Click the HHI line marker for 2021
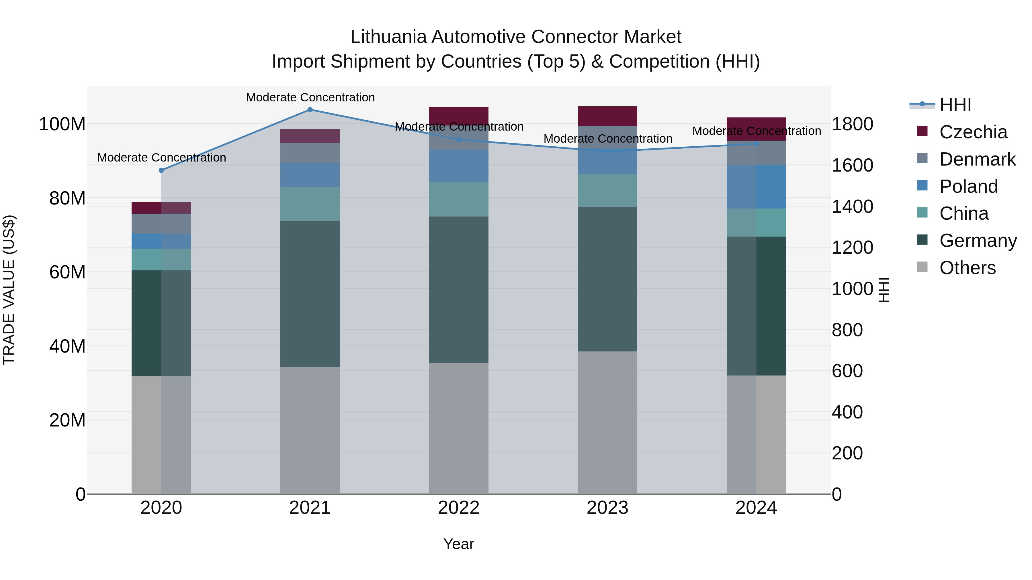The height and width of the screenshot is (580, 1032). pyautogui.click(x=310, y=110)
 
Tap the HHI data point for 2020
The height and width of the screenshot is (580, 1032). pyautogui.click(x=161, y=170)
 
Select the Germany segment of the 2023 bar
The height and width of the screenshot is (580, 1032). pyautogui.click(x=607, y=279)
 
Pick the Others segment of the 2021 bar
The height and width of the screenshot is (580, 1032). pyautogui.click(x=310, y=430)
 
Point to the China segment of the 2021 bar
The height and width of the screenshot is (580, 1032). pyautogui.click(x=310, y=204)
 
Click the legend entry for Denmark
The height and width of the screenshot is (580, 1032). pyautogui.click(x=977, y=159)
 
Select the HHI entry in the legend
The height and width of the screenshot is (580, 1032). pyautogui.click(x=955, y=105)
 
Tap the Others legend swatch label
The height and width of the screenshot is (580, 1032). pyautogui.click(x=967, y=268)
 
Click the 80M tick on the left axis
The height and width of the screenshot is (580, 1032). pyautogui.click(x=67, y=198)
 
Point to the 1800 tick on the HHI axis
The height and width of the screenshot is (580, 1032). pyautogui.click(x=852, y=124)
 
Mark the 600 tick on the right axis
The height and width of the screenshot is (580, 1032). pyautogui.click(x=847, y=371)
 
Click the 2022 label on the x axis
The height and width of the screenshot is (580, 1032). pyautogui.click(x=459, y=508)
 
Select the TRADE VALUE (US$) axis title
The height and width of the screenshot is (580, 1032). pyautogui.click(x=9, y=290)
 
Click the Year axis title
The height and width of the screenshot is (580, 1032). pyautogui.click(x=459, y=544)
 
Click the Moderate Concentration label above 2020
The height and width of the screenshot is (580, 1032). pyautogui.click(x=161, y=158)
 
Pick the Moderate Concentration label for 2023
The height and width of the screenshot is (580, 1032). pyautogui.click(x=607, y=139)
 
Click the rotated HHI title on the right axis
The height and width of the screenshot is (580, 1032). pyautogui.click(x=884, y=290)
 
